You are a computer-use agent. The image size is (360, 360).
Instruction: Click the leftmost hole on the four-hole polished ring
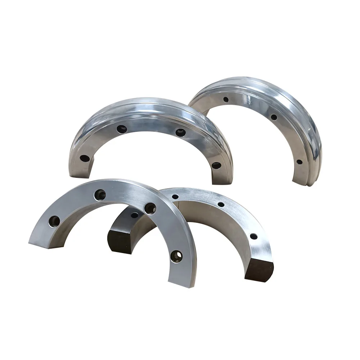tap(85, 158)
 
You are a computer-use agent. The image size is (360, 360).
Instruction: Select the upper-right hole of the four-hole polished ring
tap(180, 132)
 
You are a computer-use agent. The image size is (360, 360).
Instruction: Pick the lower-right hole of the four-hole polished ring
tap(216, 166)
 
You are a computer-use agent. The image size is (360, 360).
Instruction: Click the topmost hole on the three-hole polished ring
tap(226, 99)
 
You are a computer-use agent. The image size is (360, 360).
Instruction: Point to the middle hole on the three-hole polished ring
tap(274, 117)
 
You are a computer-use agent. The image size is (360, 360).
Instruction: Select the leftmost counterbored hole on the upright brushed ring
tap(54, 221)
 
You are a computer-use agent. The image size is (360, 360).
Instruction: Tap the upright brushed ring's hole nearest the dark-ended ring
tap(150, 208)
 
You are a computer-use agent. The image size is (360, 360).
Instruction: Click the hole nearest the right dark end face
tap(254, 237)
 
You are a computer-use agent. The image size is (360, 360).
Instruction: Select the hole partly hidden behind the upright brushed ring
tap(134, 215)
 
